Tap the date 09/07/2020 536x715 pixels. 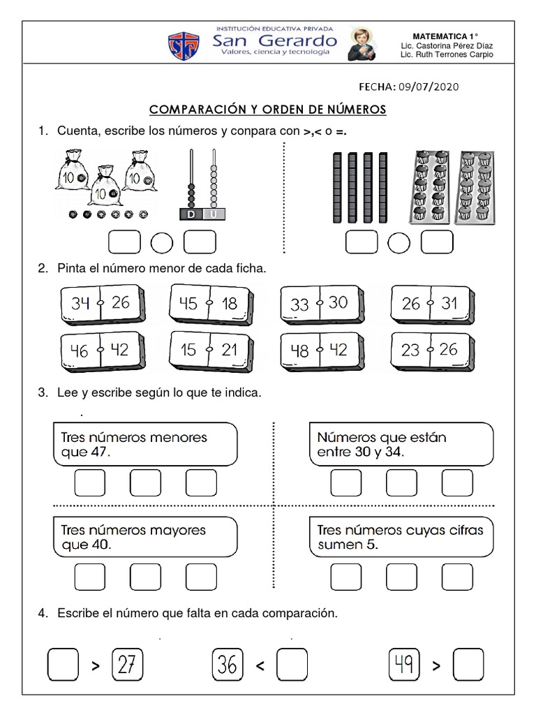[429, 87]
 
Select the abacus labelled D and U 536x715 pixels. [203, 186]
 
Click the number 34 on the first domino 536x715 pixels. [81, 303]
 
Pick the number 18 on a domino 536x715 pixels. [230, 303]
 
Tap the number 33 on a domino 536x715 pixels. [299, 304]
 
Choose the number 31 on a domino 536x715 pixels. [449, 303]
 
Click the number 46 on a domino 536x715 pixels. [80, 351]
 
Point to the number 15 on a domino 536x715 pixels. [188, 350]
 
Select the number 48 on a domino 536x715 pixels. [299, 351]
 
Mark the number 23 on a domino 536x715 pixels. [410, 351]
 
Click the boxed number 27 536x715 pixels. [127, 665]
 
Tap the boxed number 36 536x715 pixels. [227, 665]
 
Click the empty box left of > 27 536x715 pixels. [63, 665]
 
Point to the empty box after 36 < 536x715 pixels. [291, 665]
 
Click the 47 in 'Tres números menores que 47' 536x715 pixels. [100, 452]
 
